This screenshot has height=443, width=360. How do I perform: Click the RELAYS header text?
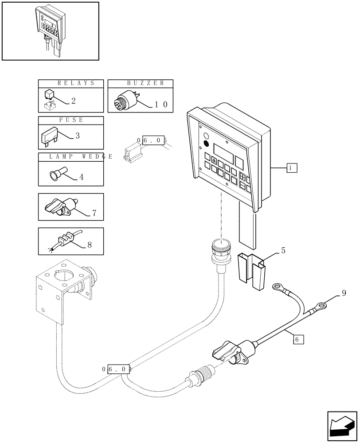pyautogui.click(x=70, y=83)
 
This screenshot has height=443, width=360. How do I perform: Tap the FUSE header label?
pyautogui.click(x=71, y=120)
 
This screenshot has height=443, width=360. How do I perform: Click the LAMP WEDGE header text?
pyautogui.click(x=75, y=156)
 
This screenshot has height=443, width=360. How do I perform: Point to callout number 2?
pyautogui.click(x=73, y=101)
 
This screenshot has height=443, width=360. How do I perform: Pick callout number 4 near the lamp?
pyautogui.click(x=81, y=177)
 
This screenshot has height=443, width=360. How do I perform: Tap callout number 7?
pyautogui.click(x=94, y=213)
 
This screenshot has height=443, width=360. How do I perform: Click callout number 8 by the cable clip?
pyautogui.click(x=89, y=244)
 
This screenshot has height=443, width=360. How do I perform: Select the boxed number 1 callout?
pyautogui.click(x=291, y=167)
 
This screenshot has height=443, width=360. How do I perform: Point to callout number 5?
pyautogui.click(x=283, y=251)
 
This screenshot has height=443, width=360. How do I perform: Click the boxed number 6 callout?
pyautogui.click(x=298, y=339)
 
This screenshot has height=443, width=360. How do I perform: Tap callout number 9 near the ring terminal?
pyautogui.click(x=344, y=293)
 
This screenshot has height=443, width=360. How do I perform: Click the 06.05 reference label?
pyautogui.click(x=152, y=141)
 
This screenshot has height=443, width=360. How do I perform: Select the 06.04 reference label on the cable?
pyautogui.click(x=117, y=369)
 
